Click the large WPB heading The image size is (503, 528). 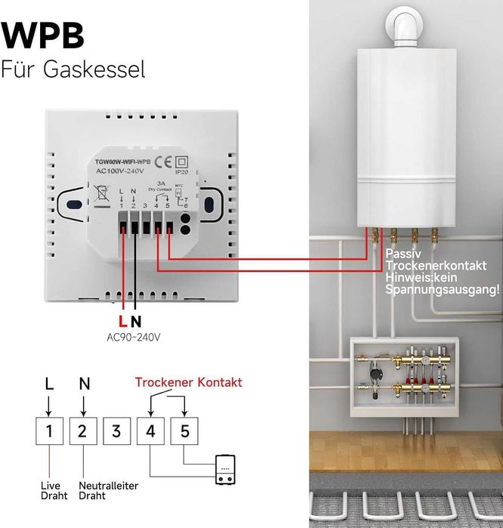click(43, 36)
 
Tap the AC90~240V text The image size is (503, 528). click(133, 337)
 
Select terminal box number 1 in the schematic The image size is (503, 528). click(49, 432)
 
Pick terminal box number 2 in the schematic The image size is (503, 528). click(83, 432)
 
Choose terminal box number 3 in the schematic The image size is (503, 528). click(116, 432)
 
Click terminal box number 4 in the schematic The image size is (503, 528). click(150, 432)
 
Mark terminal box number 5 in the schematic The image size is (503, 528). click(184, 432)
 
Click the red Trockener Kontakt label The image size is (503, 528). click(188, 383)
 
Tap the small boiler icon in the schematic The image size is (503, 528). click(226, 469)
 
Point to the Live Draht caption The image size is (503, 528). click(54, 490)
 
